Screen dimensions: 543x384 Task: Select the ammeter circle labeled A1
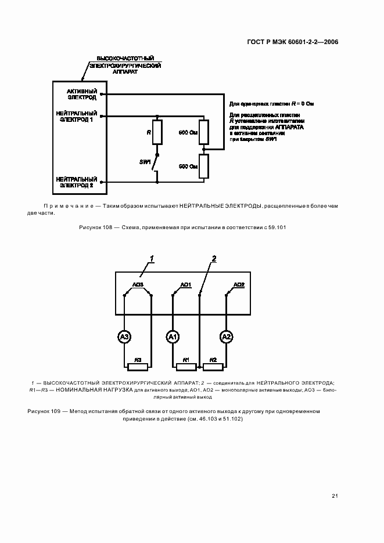click(173, 336)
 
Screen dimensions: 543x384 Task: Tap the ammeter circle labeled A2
click(227, 336)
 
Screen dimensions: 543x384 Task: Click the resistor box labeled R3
click(138, 365)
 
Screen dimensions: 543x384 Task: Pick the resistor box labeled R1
click(186, 365)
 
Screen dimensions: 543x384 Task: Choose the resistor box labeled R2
click(213, 365)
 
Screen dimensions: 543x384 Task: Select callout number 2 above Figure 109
click(214, 259)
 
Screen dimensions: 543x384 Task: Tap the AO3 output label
click(138, 284)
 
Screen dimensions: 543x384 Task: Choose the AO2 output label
click(239, 284)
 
